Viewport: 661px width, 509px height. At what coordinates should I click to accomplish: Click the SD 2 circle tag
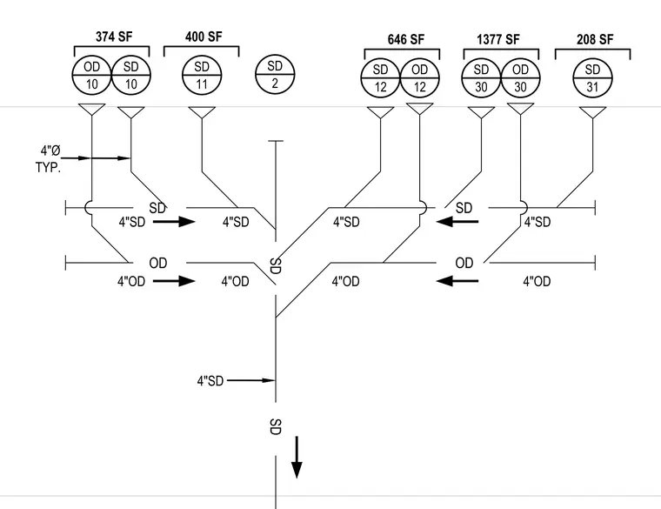pyautogui.click(x=275, y=74)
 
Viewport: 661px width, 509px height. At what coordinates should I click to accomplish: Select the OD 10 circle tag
pyautogui.click(x=92, y=76)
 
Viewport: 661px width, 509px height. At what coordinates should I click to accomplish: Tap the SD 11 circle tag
pyautogui.click(x=202, y=76)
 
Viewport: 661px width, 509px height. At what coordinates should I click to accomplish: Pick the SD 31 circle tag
pyautogui.click(x=592, y=78)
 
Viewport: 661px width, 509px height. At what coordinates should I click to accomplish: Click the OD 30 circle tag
pyautogui.click(x=520, y=78)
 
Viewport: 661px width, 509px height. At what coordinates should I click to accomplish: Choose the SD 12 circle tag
pyautogui.click(x=380, y=78)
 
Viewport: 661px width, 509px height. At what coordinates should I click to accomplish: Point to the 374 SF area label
pyautogui.click(x=114, y=37)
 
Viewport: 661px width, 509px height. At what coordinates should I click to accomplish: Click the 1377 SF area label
pyautogui.click(x=498, y=39)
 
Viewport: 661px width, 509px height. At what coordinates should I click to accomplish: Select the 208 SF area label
pyautogui.click(x=595, y=39)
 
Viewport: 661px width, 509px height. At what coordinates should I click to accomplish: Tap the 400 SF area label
pyautogui.click(x=204, y=37)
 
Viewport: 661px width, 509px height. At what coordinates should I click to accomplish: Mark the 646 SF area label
pyautogui.click(x=405, y=39)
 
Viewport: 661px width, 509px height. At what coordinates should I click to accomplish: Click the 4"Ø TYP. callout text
pyautogui.click(x=49, y=159)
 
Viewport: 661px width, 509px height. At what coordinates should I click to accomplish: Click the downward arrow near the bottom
pyautogui.click(x=297, y=458)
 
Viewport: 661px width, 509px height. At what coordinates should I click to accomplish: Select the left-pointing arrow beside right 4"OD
pyautogui.click(x=457, y=280)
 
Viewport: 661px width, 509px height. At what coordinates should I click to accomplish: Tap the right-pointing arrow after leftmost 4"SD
pyautogui.click(x=174, y=221)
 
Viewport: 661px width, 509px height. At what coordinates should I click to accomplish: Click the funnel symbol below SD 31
pyautogui.click(x=592, y=112)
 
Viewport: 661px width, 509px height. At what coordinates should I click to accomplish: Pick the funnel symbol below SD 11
pyautogui.click(x=202, y=112)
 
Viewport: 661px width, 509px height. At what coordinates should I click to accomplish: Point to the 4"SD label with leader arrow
pyautogui.click(x=210, y=381)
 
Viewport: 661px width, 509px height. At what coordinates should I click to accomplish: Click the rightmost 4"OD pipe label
pyautogui.click(x=537, y=281)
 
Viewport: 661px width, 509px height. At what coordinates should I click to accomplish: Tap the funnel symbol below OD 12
pyautogui.click(x=420, y=109)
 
